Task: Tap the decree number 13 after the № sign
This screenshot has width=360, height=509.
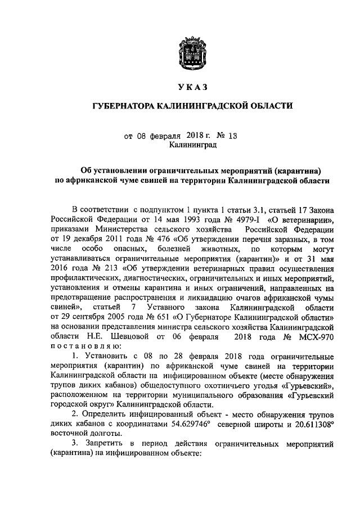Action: (x=218, y=136)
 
